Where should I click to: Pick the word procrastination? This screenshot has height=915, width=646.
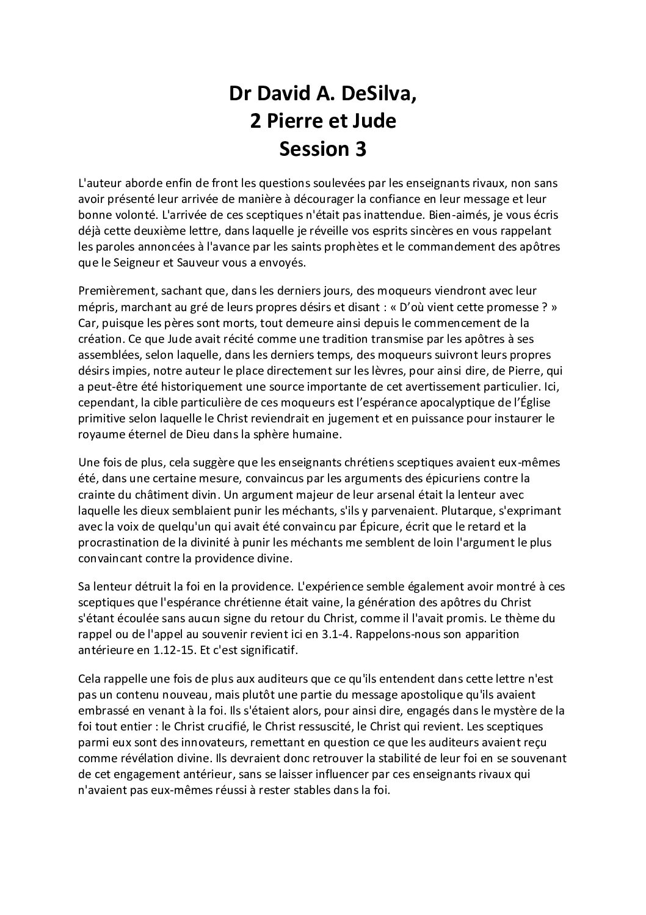click(114, 542)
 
